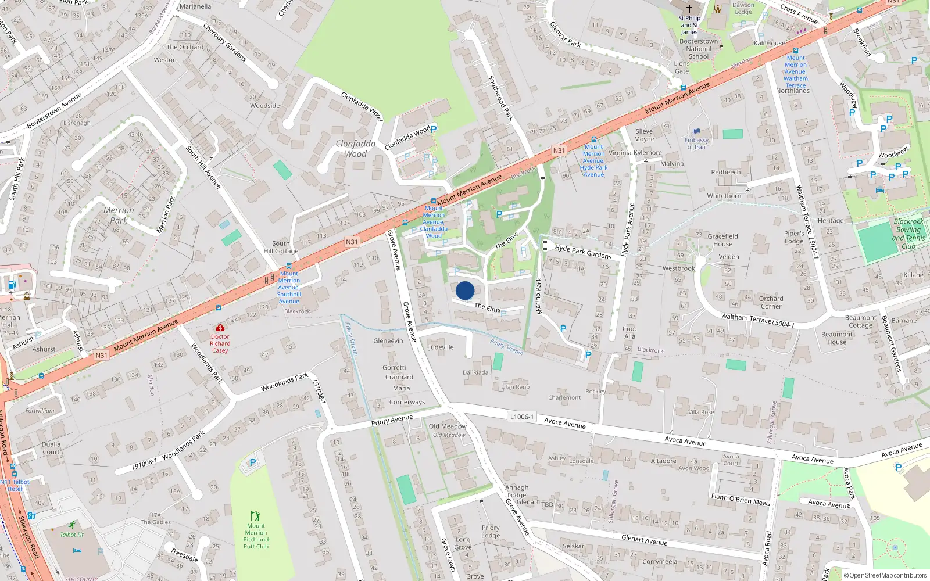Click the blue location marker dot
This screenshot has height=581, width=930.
tap(465, 290)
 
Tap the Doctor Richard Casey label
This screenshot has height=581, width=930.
tap(220, 343)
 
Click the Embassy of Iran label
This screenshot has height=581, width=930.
tap(696, 144)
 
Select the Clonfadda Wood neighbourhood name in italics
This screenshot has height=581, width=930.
tap(356, 149)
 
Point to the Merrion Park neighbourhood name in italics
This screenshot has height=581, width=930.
tap(119, 215)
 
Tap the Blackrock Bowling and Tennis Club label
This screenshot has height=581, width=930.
tap(908, 234)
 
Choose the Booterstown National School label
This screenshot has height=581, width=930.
tap(699, 49)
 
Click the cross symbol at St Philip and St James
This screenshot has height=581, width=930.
tap(689, 9)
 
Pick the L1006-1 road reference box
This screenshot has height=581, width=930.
tap(521, 417)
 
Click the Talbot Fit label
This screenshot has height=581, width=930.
tap(72, 535)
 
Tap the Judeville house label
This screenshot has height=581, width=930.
tap(441, 347)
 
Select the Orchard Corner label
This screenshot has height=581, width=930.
tap(771, 302)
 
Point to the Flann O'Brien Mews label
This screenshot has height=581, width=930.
tap(741, 499)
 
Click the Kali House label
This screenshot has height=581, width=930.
tap(769, 43)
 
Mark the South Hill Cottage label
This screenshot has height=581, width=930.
tap(281, 248)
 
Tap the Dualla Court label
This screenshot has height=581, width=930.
tap(51, 448)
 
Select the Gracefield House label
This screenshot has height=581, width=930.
tap(722, 240)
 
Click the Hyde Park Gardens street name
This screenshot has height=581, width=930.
tap(583, 252)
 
